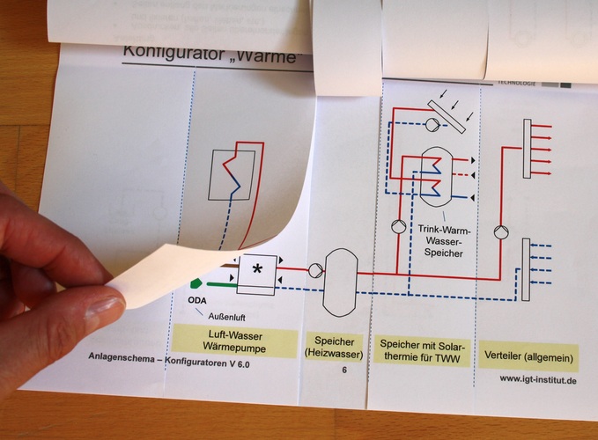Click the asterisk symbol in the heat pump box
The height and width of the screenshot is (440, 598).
(x=256, y=271)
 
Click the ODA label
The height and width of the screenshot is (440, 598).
(x=197, y=299)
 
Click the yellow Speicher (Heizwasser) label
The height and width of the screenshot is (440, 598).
(x=333, y=346)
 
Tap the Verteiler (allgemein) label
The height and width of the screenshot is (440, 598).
(x=529, y=357)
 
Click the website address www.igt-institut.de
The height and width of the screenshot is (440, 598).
(x=536, y=380)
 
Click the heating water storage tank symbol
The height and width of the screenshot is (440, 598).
(x=340, y=281)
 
